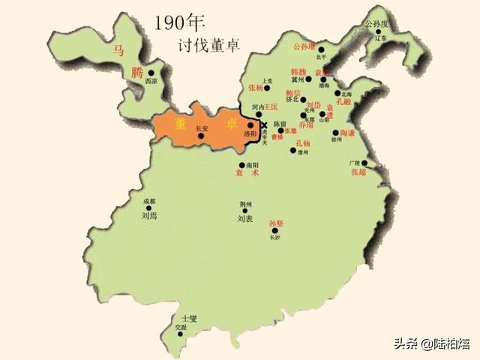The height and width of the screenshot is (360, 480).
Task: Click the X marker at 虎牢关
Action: click(264, 125)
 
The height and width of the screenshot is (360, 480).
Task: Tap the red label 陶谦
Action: click(347, 132)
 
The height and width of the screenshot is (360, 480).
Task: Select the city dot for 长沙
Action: click(274, 231)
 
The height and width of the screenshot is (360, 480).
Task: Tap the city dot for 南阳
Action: click(241, 165)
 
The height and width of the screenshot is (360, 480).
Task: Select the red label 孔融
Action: click(344, 100)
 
